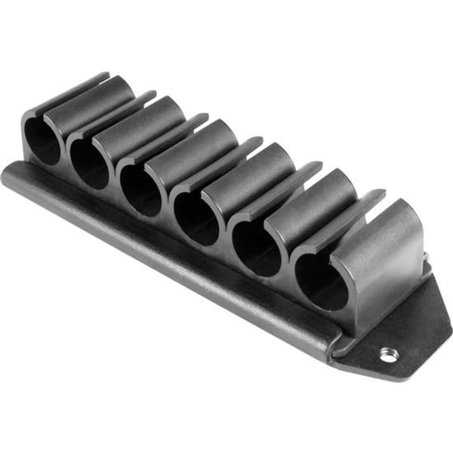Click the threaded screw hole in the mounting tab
tap(387, 353)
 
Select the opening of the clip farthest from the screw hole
tap(42, 140)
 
